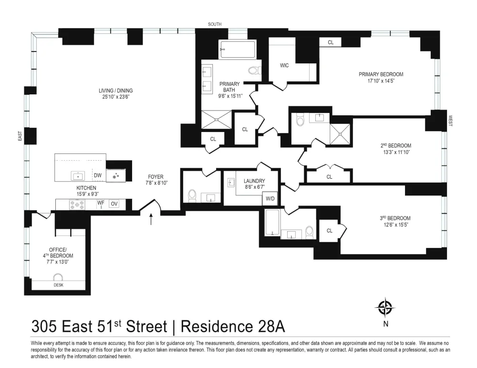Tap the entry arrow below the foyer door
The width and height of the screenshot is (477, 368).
151,219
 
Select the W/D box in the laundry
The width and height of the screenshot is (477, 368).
270,199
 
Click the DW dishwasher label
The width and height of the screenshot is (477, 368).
98,175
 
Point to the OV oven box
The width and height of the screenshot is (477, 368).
114,204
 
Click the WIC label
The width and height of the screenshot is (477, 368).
284,65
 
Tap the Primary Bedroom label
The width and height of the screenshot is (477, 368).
381,74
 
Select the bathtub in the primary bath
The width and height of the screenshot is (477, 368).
238,49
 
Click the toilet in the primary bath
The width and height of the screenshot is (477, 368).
255,71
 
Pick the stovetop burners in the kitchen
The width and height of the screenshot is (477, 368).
77,204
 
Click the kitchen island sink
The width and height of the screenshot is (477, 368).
78,176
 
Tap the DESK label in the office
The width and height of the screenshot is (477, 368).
58,285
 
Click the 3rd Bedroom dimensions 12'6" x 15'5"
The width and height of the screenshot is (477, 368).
395,225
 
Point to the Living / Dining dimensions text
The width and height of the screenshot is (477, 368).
116,97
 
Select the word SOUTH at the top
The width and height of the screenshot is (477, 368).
215,24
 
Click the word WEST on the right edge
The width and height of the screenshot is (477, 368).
450,121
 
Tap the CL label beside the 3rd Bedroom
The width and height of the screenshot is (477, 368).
330,231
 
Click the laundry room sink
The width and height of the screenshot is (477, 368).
230,183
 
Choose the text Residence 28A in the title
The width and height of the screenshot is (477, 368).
233,327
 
